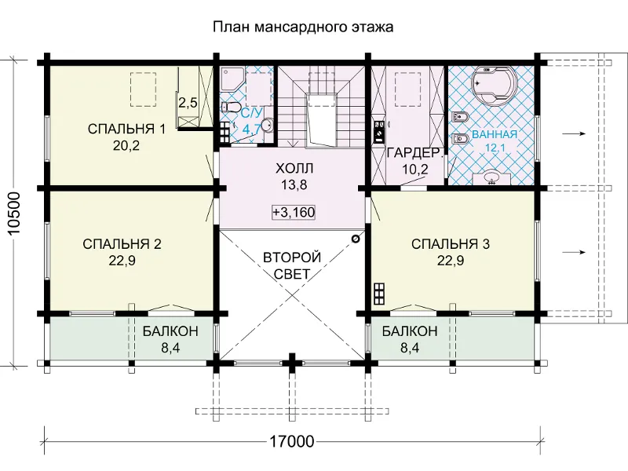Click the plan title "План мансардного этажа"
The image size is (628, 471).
pos(303,27)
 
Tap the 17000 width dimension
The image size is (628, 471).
pos(291,441)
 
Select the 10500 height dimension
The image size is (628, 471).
pos(14,215)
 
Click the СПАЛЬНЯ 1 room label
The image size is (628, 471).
pos(126,129)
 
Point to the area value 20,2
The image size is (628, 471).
pos(126,146)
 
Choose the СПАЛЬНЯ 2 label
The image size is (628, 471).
pos(122,244)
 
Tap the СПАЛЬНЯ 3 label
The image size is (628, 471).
pos(451,244)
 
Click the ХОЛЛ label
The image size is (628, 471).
pos(294,168)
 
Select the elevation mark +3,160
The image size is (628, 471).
pos(294,212)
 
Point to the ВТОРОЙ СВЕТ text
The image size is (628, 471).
pos(292,265)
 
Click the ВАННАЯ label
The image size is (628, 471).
pos(495,134)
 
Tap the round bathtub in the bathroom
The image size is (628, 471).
pos(495,86)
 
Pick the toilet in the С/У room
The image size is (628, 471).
pos(230,108)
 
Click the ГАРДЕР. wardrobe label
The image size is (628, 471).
pos(415,152)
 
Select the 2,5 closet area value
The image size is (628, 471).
pos(188,103)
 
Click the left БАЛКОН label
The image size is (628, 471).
pos(170,331)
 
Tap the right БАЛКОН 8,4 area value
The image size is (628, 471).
pos(410,348)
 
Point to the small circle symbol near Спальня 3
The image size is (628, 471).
pos(356,239)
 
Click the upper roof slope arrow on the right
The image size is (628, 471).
pos(574,133)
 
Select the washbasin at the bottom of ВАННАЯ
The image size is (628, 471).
pos(491,178)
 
